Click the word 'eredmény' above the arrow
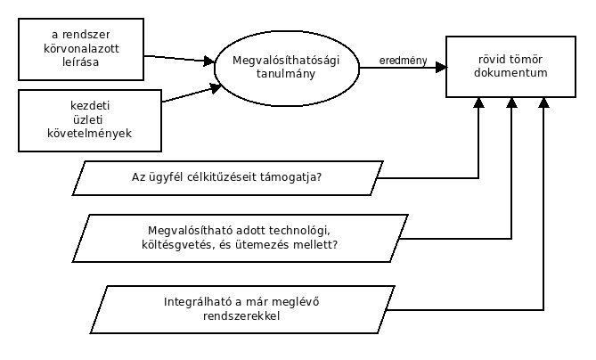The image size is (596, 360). click(x=403, y=61)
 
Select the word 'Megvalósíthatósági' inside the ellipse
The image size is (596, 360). click(x=286, y=61)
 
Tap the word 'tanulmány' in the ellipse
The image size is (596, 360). click(x=286, y=74)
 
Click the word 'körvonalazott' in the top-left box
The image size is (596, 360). click(x=81, y=49)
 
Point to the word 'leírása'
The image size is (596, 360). click(x=80, y=62)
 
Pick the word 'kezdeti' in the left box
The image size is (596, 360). click(x=90, y=105)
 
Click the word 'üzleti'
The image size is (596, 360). click(x=87, y=119)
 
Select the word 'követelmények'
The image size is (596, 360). click(x=90, y=134)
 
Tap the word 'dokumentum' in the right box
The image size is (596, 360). click(x=510, y=72)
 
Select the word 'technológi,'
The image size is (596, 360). click(x=299, y=231)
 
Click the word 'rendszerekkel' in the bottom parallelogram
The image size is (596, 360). click(x=241, y=316)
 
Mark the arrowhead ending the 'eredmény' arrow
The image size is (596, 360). click(x=441, y=68)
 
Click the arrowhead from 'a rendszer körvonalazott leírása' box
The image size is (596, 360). click(x=209, y=61)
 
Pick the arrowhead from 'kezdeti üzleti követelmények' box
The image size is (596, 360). click(x=216, y=88)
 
